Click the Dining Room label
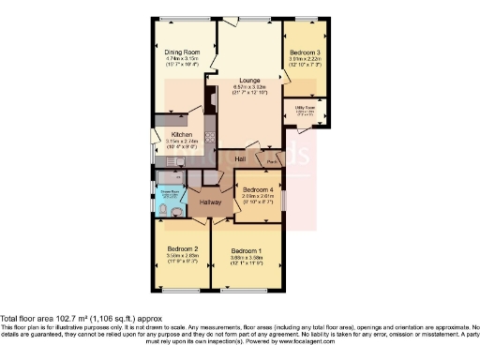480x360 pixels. pyautogui.click(x=182, y=52)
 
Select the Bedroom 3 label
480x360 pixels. pyautogui.click(x=305, y=52)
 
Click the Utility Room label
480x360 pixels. pyautogui.click(x=306, y=111)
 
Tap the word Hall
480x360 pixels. pyautogui.click(x=241, y=158)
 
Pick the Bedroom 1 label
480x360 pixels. pyautogui.click(x=247, y=251)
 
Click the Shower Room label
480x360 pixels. pyautogui.click(x=168, y=192)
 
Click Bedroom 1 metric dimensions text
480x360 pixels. pyautogui.click(x=247, y=259)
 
